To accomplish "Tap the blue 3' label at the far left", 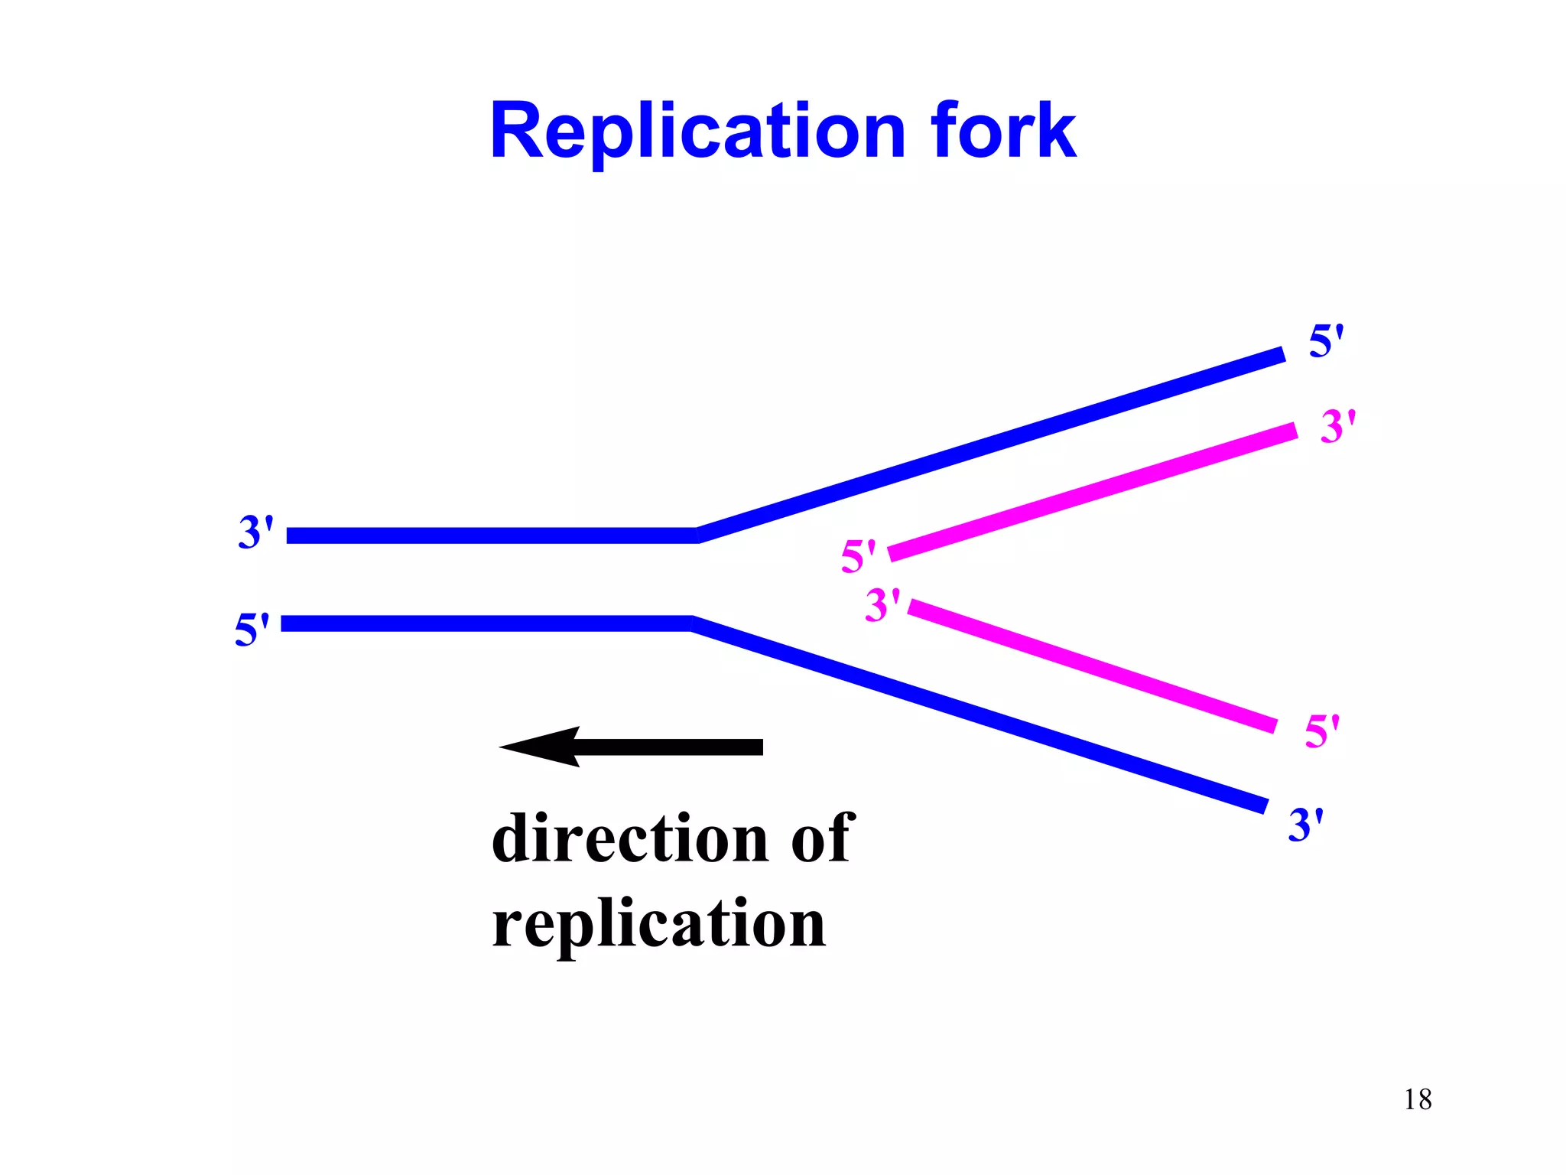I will [255, 532].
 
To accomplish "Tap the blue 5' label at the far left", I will [252, 630].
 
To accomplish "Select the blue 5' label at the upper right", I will [1326, 341].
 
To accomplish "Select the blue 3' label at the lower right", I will [1305, 825].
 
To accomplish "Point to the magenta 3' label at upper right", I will [1337, 426].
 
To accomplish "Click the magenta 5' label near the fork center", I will [858, 556].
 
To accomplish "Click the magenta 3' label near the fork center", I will [882, 605].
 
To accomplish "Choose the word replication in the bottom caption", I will [659, 924].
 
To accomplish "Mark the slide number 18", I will [1418, 1099].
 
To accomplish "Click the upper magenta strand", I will [1093, 491].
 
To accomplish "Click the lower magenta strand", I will [1093, 666].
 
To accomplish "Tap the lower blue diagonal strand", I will [979, 714].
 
